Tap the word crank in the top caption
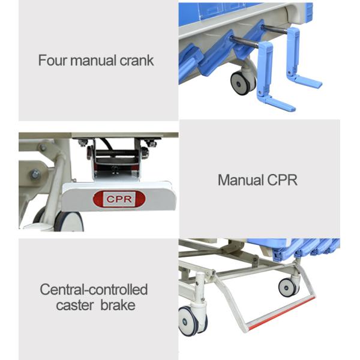pyautogui.click(x=136, y=61)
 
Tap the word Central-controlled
pyautogui.click(x=94, y=290)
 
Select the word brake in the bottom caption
pyautogui.click(x=118, y=305)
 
